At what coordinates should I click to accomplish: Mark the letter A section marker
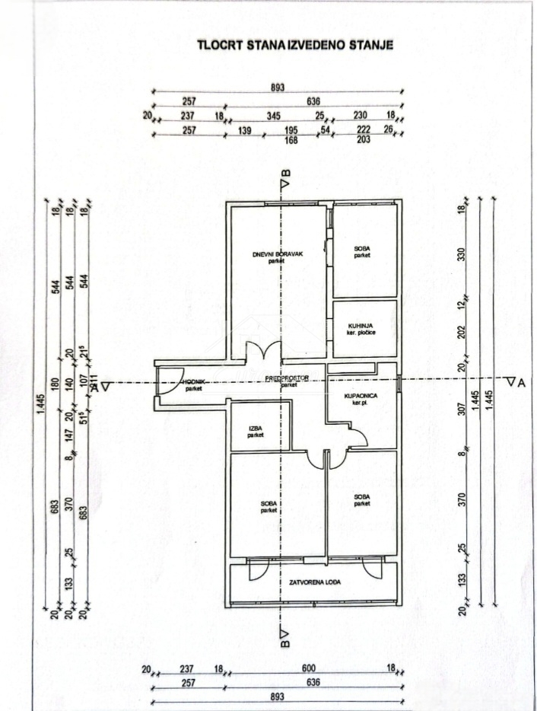point(521,382)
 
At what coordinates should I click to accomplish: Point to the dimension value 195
point(290,131)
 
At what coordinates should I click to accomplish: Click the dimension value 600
point(309,669)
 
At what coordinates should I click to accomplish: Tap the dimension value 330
point(460,254)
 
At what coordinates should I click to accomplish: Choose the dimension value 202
point(460,333)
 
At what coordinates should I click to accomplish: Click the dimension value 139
point(245,131)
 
